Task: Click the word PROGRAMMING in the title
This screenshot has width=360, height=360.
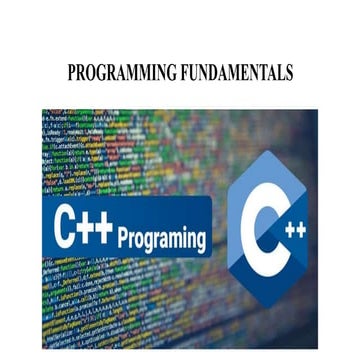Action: (118, 74)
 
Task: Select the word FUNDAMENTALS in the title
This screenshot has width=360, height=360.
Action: (233, 74)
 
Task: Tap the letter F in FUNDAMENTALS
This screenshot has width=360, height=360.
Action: (179, 74)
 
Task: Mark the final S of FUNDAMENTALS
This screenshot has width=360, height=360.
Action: (288, 74)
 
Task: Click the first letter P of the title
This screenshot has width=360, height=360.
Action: (71, 74)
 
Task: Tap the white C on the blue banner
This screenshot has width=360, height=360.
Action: (66, 232)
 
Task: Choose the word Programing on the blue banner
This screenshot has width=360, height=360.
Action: (161, 240)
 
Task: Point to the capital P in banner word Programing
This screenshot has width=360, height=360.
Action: (123, 238)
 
